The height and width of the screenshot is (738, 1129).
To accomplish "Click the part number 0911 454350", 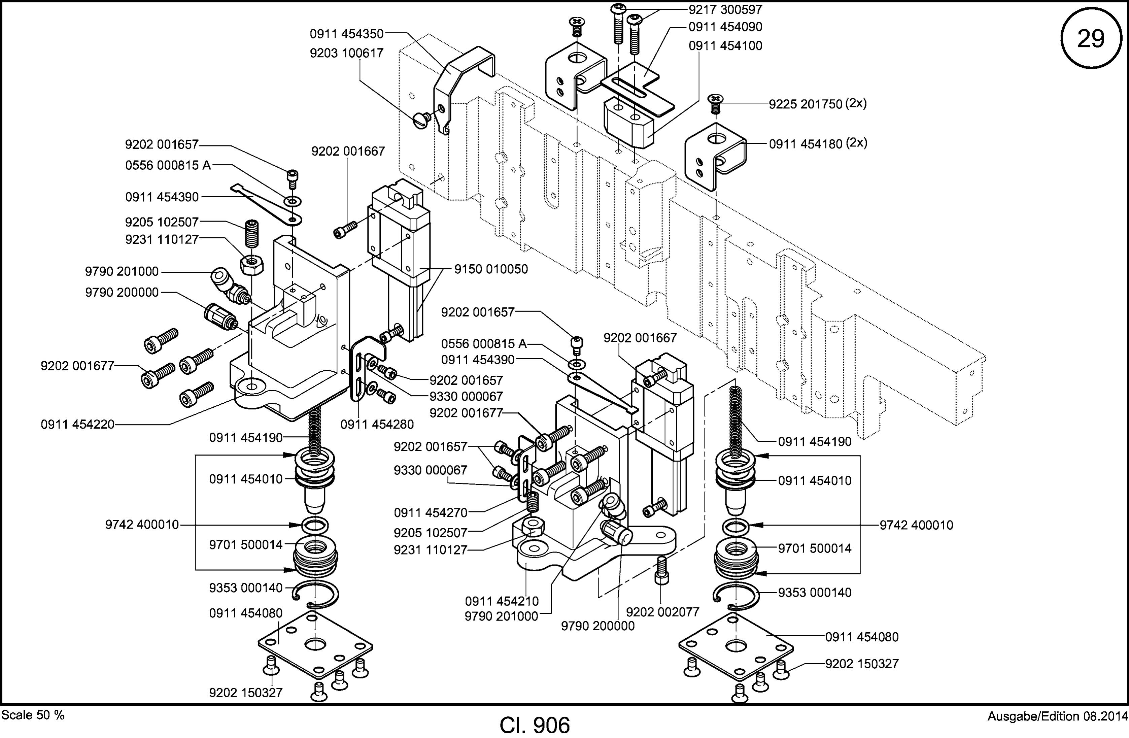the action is click(x=346, y=34).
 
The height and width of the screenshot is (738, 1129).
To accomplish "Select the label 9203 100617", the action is click(x=346, y=53).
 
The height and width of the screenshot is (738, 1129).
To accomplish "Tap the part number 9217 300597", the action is click(x=725, y=9).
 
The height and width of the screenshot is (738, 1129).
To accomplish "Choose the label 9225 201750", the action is click(x=806, y=104).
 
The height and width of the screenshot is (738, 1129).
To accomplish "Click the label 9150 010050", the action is click(x=491, y=269).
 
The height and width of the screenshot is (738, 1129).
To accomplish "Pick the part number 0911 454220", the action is click(x=78, y=424).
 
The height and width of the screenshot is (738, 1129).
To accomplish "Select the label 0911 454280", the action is click(x=377, y=424).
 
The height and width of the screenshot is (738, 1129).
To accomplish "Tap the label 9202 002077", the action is click(x=663, y=612).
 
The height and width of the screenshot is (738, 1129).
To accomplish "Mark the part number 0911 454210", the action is click(x=502, y=601).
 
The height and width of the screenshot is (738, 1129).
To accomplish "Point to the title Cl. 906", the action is click(x=535, y=725).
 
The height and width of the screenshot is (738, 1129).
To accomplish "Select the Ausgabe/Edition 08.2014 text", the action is click(x=1057, y=716).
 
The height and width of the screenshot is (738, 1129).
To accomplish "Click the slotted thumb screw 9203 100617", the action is click(x=422, y=119).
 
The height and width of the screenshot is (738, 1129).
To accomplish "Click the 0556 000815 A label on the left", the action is click(x=168, y=165).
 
